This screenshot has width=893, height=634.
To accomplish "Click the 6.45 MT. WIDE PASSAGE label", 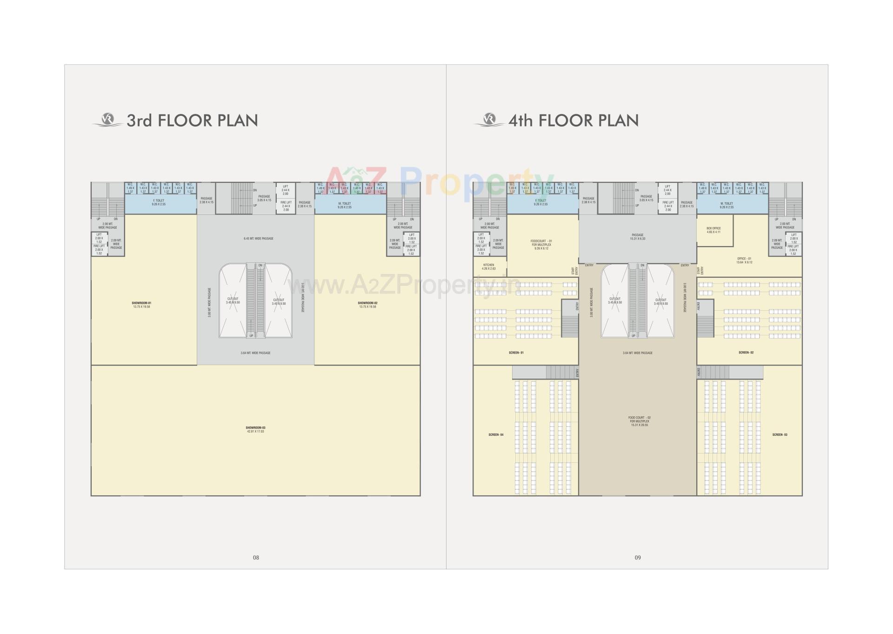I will (x=259, y=239).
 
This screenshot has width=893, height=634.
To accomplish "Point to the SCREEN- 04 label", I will (x=496, y=435).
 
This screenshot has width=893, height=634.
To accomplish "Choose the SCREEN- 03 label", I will (x=780, y=435).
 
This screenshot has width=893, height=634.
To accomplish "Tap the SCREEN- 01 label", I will (x=516, y=353).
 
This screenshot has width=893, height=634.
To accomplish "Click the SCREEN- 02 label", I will (x=746, y=353).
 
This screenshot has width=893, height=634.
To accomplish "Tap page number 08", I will (x=256, y=557).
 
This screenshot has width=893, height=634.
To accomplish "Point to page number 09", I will (x=638, y=557).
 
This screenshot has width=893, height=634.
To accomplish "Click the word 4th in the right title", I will (x=520, y=121).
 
